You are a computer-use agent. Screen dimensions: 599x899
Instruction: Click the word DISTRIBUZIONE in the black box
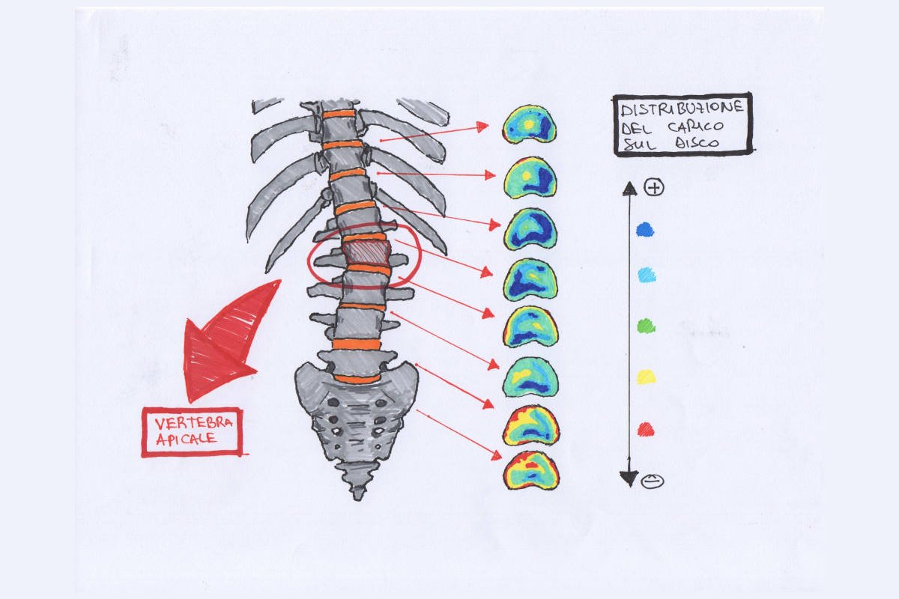(682, 109)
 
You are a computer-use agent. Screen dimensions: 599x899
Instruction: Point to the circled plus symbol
(654, 187)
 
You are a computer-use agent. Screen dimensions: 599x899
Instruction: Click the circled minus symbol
(652, 481)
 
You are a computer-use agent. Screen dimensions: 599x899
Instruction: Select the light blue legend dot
(646, 276)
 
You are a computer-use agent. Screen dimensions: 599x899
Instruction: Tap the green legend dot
(646, 326)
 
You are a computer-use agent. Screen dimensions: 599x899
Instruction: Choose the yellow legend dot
(646, 377)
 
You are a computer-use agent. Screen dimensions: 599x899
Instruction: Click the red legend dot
(646, 429)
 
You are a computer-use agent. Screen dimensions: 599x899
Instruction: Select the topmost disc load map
(530, 124)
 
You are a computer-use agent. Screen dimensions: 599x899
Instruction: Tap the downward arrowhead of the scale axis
(630, 479)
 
